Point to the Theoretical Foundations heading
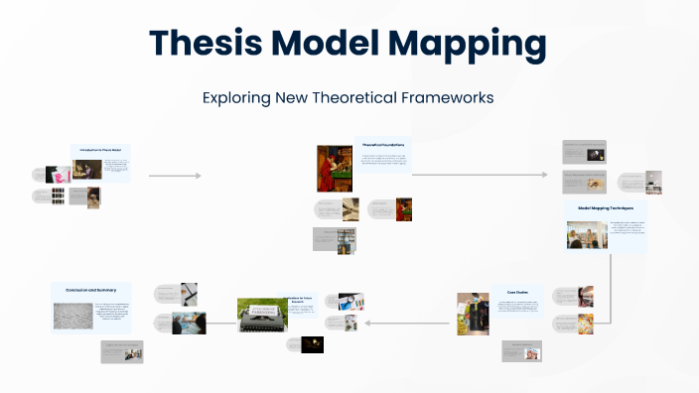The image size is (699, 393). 382,144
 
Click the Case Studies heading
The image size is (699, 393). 516,292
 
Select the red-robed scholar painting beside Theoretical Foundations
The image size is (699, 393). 329,168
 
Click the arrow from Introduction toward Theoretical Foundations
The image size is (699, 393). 174,176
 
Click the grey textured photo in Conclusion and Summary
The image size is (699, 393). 72,316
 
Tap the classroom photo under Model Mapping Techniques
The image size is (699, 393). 586,235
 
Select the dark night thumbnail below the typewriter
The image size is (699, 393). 312,344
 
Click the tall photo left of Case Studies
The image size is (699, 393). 472,313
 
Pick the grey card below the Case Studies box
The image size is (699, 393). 521,349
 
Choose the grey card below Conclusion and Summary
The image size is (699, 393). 119,349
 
